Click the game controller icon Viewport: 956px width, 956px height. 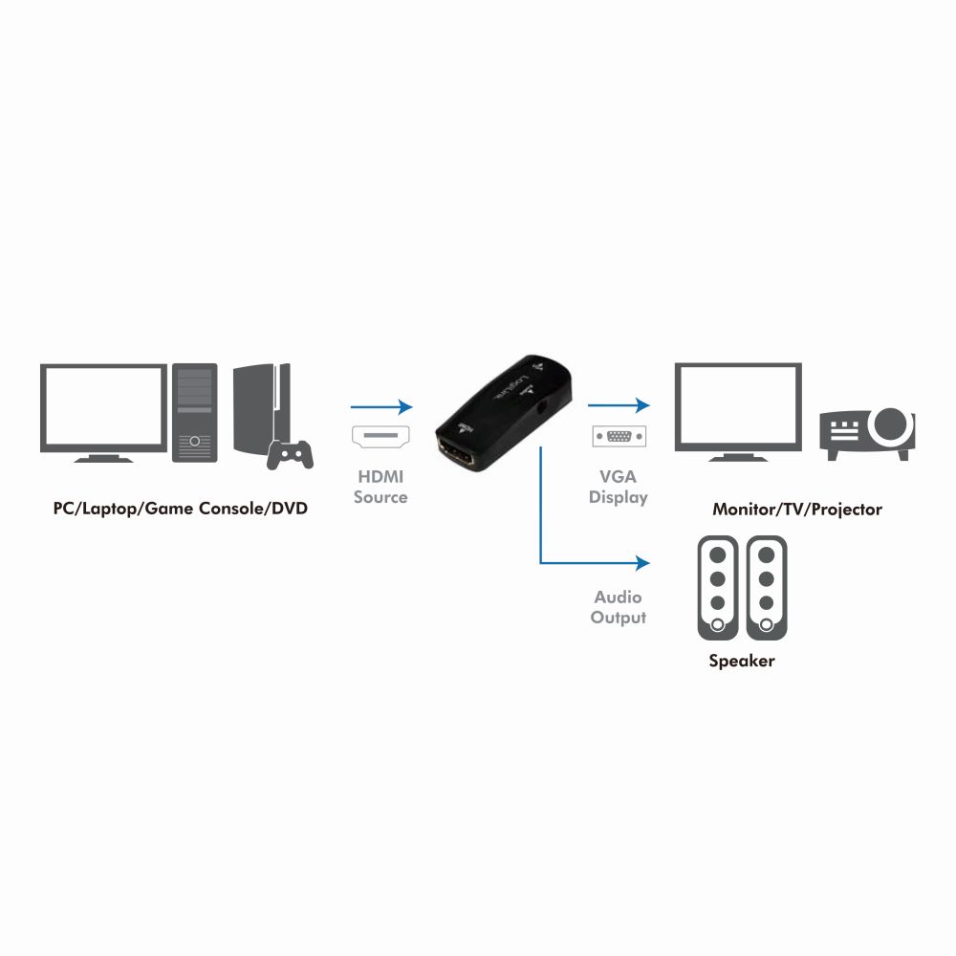291,455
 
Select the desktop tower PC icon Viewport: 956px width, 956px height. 194,412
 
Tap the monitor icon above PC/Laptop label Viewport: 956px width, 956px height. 103,413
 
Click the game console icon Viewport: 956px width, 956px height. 262,410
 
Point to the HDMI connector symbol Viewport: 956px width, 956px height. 380,436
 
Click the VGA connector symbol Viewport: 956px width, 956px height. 619,436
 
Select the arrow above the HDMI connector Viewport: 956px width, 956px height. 381,406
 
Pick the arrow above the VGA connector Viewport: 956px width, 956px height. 619,404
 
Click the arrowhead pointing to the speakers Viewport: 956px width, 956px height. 642,563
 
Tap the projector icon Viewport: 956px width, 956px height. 867,434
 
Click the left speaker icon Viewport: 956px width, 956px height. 718,588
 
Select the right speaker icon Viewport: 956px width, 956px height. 767,588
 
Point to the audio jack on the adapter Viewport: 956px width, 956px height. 541,407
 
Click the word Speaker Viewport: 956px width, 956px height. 742,662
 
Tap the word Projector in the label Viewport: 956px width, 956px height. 846,510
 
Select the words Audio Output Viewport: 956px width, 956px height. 619,607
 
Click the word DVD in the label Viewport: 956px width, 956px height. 290,509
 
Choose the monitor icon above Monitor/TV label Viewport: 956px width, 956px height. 738,412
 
